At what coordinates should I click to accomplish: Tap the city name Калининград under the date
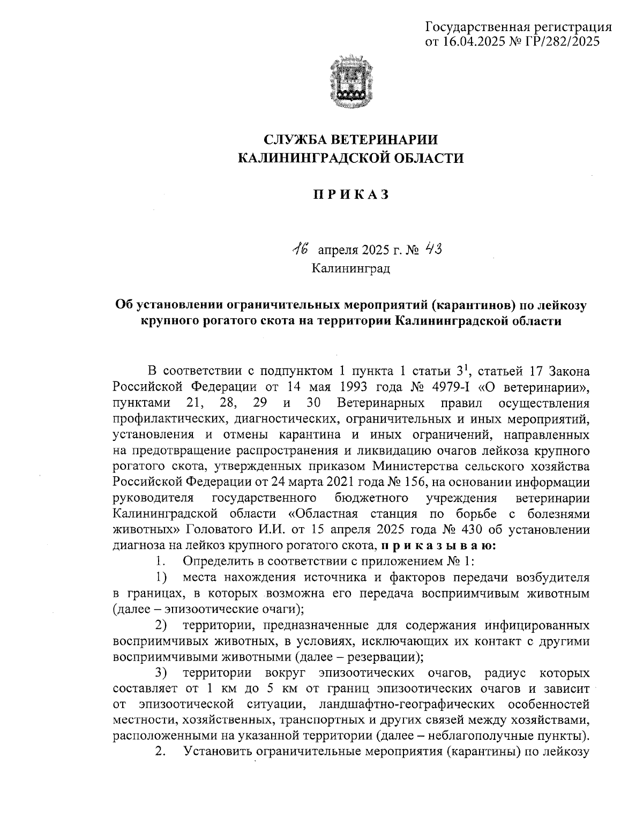[351, 267]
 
